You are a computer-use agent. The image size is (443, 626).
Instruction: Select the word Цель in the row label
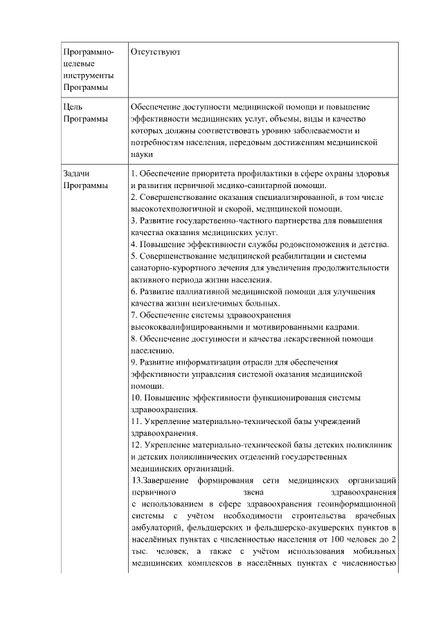pyautogui.click(x=72, y=107)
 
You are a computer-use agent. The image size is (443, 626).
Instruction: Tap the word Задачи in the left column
pyautogui.click(x=77, y=173)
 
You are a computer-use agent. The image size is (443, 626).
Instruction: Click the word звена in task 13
pyautogui.click(x=255, y=492)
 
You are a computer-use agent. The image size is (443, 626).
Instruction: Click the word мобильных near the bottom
pyautogui.click(x=374, y=551)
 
